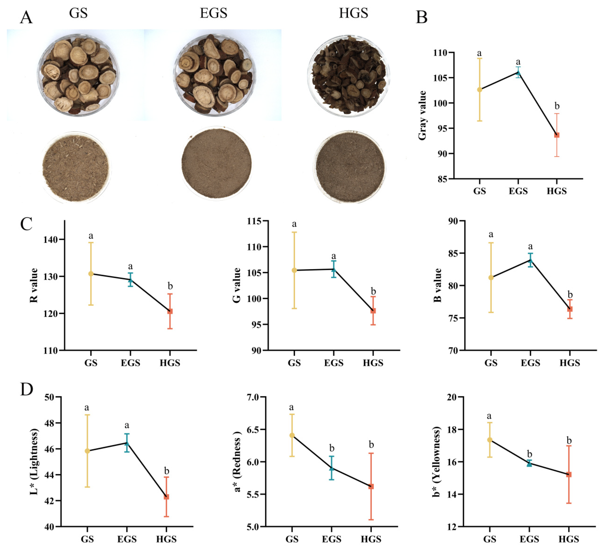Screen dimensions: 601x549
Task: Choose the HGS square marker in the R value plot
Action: (x=170, y=311)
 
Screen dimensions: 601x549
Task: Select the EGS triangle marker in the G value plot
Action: (x=334, y=270)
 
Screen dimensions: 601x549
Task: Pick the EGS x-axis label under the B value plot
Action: (x=530, y=363)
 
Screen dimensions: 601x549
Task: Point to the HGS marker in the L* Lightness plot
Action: (x=166, y=497)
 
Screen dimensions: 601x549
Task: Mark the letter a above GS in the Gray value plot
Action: (x=479, y=53)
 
